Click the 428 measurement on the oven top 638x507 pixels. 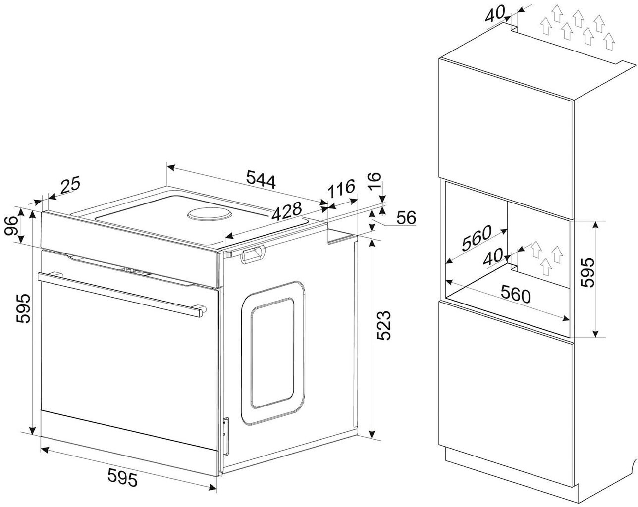[x=287, y=211]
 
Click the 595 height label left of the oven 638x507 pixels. [x=23, y=308]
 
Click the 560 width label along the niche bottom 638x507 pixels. [x=515, y=295]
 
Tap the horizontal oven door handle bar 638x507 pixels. [x=121, y=292]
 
